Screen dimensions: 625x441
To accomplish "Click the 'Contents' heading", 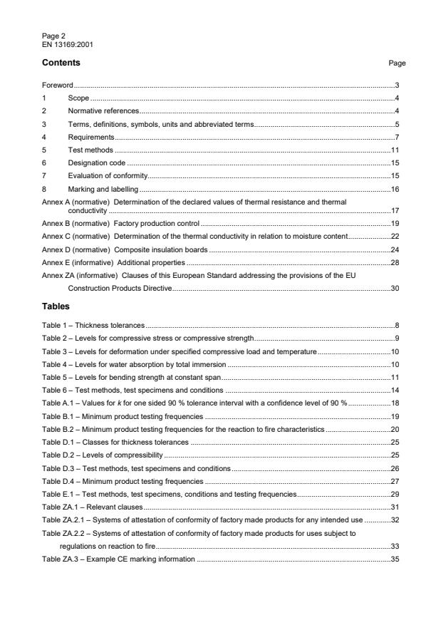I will [x=61, y=63].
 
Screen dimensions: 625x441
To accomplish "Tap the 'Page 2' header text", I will [x=52, y=37].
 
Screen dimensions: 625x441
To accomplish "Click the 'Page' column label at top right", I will [x=397, y=63].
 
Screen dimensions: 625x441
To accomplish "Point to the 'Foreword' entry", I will [x=58, y=86].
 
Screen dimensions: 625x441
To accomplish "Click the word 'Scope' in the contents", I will [x=78, y=98].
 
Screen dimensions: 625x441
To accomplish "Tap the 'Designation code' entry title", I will [x=93, y=163].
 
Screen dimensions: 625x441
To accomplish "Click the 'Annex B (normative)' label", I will [x=76, y=224].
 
